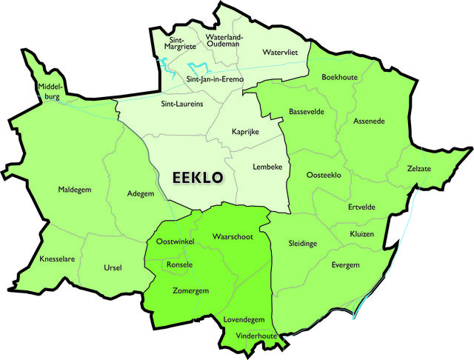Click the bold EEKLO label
pyautogui.click(x=198, y=178)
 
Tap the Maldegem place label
pyautogui.click(x=75, y=190)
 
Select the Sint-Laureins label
pyautogui.click(x=182, y=104)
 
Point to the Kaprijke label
pyautogui.click(x=245, y=131)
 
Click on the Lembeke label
pyautogui.click(x=267, y=167)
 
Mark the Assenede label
pyautogui.click(x=369, y=120)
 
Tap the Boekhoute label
pyautogui.click(x=341, y=77)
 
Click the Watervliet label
pyautogui.click(x=281, y=53)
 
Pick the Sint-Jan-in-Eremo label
pyautogui.click(x=215, y=79)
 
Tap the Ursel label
pyautogui.click(x=113, y=267)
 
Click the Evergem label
pyautogui.click(x=345, y=264)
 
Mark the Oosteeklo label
pyautogui.click(x=324, y=175)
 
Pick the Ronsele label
pyautogui.click(x=180, y=264)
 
